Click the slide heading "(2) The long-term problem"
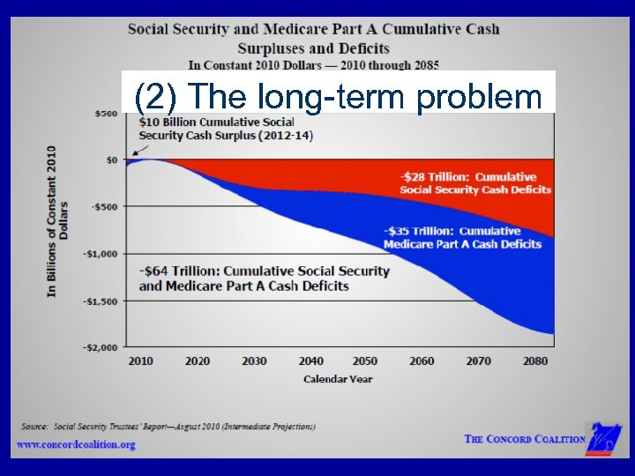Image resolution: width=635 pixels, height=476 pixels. (x=339, y=96)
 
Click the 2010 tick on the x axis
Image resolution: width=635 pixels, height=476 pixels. (x=140, y=361)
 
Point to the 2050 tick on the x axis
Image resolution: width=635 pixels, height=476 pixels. (x=364, y=361)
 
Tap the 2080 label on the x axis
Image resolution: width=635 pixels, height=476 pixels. (x=534, y=361)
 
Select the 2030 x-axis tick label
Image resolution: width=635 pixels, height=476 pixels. (x=254, y=361)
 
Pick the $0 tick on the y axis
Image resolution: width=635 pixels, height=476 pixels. (x=112, y=160)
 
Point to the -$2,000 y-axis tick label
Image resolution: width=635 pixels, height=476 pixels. (x=101, y=347)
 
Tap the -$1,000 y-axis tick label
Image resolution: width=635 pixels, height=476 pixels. (x=101, y=254)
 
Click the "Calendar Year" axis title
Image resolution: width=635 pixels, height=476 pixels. (x=338, y=379)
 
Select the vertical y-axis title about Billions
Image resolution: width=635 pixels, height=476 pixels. (x=57, y=220)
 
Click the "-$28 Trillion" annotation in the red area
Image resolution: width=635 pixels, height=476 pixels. (x=475, y=183)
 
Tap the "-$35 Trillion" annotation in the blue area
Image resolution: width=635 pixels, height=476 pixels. (x=462, y=237)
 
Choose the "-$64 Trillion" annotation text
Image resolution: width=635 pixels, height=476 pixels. (x=264, y=278)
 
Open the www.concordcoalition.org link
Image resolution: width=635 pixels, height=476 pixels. (x=77, y=444)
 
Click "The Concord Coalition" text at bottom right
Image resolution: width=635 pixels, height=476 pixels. (x=524, y=439)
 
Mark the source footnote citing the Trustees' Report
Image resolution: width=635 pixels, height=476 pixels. (x=168, y=427)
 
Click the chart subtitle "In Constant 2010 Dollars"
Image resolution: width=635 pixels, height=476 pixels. (x=313, y=64)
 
